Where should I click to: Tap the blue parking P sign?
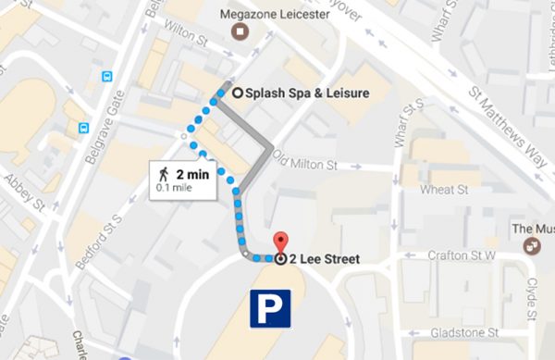tap(270, 308)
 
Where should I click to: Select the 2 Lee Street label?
tap(324, 259)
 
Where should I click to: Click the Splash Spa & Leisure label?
tap(300, 93)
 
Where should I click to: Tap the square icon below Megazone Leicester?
tap(241, 34)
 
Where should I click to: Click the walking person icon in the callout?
tap(164, 173)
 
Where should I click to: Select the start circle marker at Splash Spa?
tap(238, 93)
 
